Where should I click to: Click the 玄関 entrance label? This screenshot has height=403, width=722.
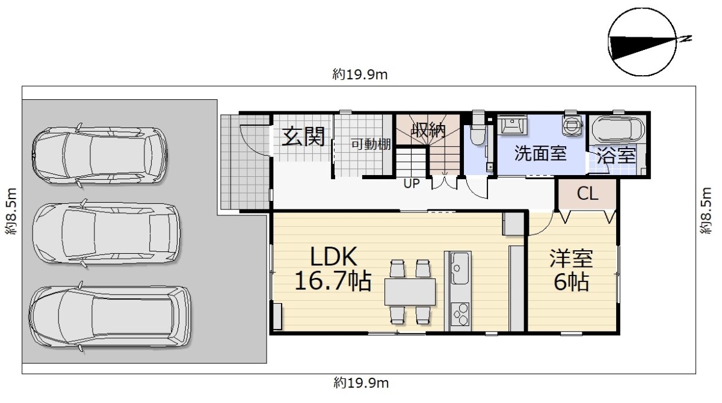[303, 137]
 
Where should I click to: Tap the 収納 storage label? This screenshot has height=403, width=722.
[428, 130]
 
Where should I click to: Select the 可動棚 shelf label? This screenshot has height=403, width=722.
[371, 144]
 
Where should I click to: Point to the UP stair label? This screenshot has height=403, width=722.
[412, 183]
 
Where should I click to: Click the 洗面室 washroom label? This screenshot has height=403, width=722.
[540, 153]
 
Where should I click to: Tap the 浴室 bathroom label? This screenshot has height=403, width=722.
[617, 156]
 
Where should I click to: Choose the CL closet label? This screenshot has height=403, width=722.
[587, 194]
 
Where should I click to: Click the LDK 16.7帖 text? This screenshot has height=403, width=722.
[333, 268]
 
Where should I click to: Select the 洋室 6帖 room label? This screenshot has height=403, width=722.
[571, 270]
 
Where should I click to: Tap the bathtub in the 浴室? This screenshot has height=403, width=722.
[619, 129]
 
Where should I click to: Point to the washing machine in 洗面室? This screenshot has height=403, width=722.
[572, 124]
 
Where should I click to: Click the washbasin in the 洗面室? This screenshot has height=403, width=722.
[513, 125]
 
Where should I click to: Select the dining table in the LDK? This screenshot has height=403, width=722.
[410, 292]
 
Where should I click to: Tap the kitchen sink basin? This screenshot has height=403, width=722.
[459, 268]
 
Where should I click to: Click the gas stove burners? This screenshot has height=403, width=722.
[460, 315]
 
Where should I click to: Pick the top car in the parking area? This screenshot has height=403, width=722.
[100, 156]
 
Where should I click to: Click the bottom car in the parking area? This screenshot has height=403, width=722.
[110, 317]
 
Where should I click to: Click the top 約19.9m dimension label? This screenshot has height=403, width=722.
[360, 75]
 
